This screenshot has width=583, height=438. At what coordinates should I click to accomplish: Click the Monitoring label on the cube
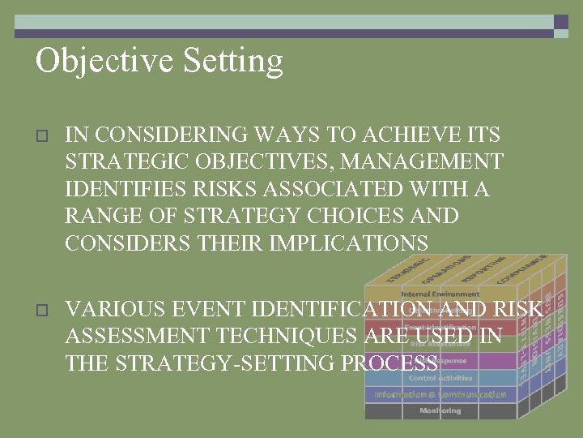click(x=440, y=410)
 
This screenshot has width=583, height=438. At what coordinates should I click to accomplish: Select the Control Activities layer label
click(x=440, y=378)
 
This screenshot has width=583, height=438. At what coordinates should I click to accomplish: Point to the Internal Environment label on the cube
click(x=440, y=294)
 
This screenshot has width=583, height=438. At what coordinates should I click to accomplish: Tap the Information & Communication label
click(x=440, y=394)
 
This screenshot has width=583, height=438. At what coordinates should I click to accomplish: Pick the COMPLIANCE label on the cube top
click(x=529, y=268)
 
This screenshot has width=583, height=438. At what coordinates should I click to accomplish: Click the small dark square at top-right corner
click(x=560, y=22)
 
